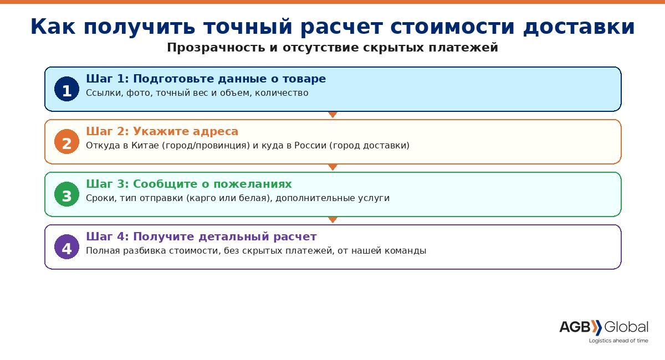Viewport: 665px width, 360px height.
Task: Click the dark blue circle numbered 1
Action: tap(66, 89)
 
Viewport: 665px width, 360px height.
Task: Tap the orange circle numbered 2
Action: tap(66, 142)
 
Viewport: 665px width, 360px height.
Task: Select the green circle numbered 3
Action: tap(66, 194)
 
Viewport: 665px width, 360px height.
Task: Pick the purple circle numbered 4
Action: tap(66, 247)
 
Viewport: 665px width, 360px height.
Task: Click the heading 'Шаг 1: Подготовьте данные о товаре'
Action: tap(206, 79)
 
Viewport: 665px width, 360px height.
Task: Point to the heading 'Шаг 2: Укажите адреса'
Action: tap(162, 131)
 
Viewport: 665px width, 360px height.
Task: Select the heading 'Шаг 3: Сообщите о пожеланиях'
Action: tap(188, 184)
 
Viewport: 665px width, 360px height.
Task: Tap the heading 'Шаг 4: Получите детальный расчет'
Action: tap(201, 236)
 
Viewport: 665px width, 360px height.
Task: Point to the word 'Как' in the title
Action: tap(53, 27)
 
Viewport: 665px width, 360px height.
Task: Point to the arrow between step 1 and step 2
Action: tap(332, 115)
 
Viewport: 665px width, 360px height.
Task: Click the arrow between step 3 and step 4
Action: tap(332, 220)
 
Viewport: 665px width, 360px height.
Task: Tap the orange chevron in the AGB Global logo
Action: tap(596, 327)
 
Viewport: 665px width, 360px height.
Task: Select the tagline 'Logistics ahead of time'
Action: tap(618, 341)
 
